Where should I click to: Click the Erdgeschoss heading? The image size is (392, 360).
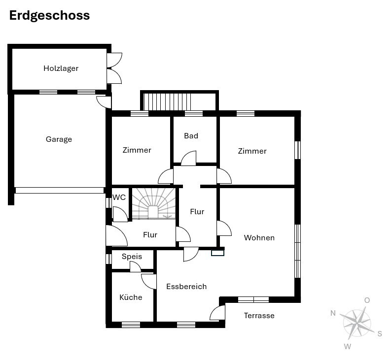point(49,16)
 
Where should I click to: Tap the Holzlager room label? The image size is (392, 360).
point(61,68)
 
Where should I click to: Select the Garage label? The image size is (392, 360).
point(59,139)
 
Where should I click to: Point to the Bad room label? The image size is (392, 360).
point(191,136)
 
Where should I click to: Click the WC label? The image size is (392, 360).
point(119,197)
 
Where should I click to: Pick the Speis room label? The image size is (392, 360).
point(132,257)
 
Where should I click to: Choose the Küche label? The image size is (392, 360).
point(131,297)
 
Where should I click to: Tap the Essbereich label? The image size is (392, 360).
point(186,286)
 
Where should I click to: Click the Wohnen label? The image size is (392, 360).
point(259,238)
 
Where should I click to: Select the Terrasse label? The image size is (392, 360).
point(259,316)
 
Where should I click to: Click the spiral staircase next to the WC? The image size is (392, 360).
point(154,204)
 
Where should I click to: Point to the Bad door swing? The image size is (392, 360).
point(189,158)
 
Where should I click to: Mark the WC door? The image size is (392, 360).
point(120,214)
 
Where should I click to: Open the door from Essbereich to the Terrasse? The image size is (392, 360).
point(217,313)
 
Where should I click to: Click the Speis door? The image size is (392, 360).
point(135,267)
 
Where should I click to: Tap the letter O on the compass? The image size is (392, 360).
point(367,300)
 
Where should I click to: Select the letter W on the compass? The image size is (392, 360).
point(348,347)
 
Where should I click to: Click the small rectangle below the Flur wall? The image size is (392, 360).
point(217,253)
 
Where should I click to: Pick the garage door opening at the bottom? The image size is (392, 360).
point(60,190)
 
